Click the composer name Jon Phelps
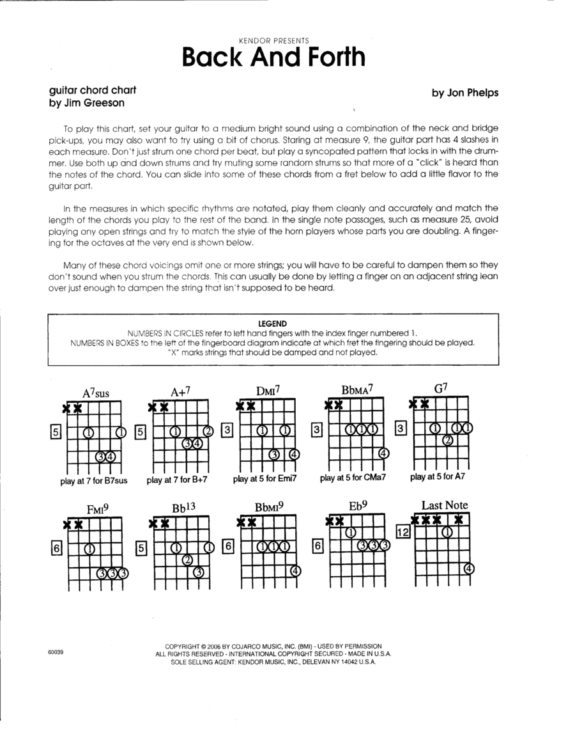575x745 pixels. click(x=464, y=93)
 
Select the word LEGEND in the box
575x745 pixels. click(x=272, y=324)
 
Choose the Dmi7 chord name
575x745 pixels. click(x=268, y=391)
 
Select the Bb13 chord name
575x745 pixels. click(x=183, y=508)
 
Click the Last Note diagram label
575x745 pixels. click(x=445, y=505)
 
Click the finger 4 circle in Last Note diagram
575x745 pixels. click(x=469, y=568)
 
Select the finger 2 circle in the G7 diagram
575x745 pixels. click(x=448, y=439)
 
